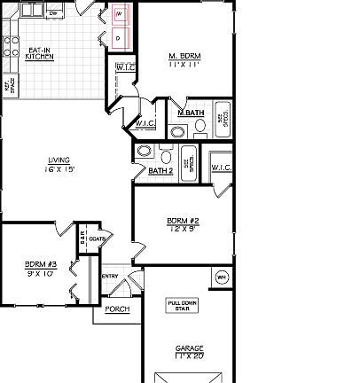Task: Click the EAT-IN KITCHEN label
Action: [x=39, y=54]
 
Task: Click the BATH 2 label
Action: [x=160, y=170]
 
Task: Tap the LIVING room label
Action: [x=60, y=160]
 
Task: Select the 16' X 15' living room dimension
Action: [x=60, y=168]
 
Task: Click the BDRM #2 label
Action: [x=183, y=220]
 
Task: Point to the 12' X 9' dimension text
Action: [x=183, y=228]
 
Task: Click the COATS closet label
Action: [x=98, y=239]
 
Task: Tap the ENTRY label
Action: [x=110, y=276]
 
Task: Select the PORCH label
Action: [x=117, y=309]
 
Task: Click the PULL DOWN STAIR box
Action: [x=184, y=306]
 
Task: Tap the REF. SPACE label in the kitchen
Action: [x=11, y=86]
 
